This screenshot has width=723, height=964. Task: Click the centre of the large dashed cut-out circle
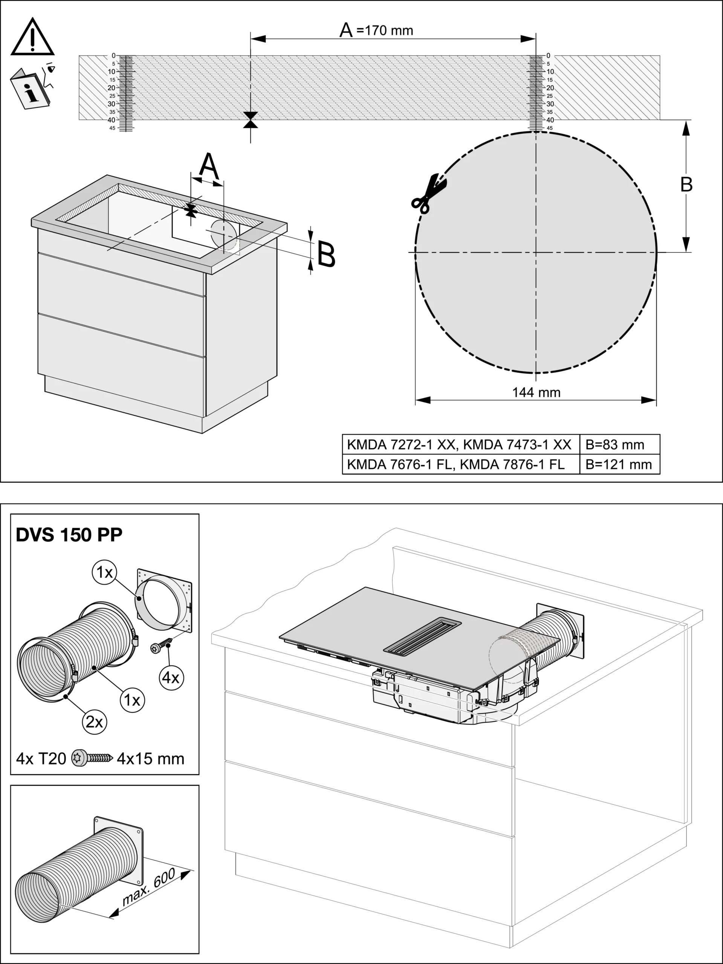536,252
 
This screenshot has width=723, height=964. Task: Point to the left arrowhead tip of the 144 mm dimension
416,400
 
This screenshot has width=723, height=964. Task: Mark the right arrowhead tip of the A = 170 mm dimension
536,39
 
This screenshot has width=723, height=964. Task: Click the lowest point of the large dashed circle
536,374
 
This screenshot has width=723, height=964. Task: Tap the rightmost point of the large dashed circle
657,252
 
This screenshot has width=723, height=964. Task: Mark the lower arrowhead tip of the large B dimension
686,252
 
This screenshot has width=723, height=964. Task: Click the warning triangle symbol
33,37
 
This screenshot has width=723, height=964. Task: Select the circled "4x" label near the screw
171,678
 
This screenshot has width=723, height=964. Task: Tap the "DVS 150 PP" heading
69,534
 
